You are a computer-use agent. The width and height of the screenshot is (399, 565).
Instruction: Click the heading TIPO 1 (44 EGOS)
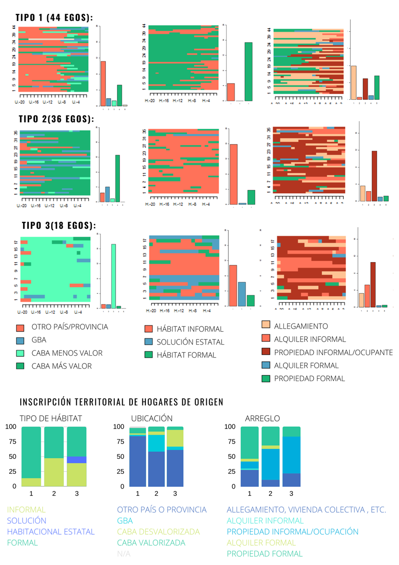coord(54,18)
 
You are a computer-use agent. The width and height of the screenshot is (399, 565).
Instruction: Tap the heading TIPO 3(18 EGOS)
coord(59,225)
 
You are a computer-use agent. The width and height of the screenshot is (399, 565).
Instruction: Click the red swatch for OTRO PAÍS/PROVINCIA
coord(20,328)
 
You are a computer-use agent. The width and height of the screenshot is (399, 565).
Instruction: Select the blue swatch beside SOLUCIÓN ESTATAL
coord(148,342)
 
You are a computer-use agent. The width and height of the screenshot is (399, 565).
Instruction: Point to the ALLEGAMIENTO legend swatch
coord(266,325)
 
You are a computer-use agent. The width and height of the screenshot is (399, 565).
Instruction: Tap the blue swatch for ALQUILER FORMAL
coord(266,365)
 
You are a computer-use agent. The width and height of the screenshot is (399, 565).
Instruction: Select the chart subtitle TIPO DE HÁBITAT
coord(51,419)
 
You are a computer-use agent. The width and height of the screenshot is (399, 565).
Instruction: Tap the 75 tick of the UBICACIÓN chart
coord(120,442)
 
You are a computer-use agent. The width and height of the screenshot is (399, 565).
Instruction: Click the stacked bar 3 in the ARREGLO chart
coord(291,457)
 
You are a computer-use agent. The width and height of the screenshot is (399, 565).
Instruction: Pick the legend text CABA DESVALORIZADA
coord(158,532)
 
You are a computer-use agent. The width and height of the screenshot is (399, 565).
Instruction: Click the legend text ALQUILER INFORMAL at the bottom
coord(265,521)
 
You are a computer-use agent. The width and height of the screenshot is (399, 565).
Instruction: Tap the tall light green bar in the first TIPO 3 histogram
coord(113,276)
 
